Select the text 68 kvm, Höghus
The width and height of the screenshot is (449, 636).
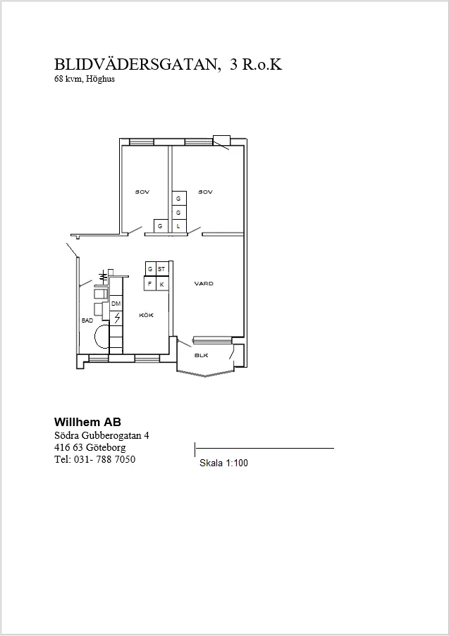[85, 79]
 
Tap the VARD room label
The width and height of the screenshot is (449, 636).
[204, 284]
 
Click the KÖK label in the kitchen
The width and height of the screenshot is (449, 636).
[146, 315]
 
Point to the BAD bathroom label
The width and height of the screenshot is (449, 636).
[87, 320]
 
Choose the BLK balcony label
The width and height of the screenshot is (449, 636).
[202, 355]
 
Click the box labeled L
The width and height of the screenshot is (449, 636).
[178, 226]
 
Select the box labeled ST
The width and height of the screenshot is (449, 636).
[162, 268]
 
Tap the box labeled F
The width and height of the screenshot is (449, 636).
[150, 284]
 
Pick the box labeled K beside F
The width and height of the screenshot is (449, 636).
[162, 284]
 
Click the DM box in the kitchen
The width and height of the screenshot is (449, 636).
[116, 304]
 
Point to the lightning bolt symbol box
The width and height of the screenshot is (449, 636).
[116, 318]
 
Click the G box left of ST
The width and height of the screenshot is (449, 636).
[151, 268]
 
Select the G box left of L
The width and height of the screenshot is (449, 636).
[161, 226]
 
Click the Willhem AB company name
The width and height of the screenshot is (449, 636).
[87, 422]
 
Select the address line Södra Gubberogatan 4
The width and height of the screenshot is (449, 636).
[102, 435]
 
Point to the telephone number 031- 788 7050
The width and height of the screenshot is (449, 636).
[105, 459]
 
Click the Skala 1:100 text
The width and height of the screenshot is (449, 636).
[223, 463]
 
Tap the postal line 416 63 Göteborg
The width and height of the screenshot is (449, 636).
[90, 447]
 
